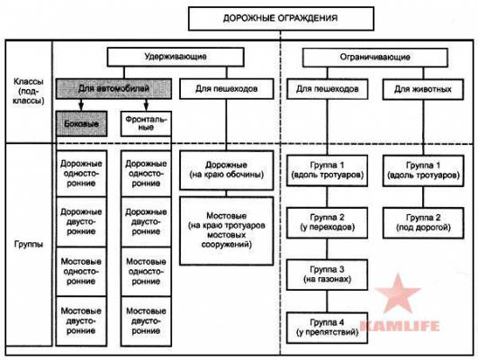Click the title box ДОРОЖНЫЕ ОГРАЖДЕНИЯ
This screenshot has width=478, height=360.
pos(281,19)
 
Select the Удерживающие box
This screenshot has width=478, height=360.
pos(176,57)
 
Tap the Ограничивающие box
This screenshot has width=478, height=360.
pos(375,58)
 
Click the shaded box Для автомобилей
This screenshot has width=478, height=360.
pos(113,89)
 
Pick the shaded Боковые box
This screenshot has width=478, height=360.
pos(81,123)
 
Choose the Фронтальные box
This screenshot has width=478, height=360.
pos(146,123)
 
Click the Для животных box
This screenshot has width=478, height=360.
pos(423,89)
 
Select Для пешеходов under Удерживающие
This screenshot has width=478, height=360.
pos(227,89)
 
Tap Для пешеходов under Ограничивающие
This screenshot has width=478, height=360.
pos(328,89)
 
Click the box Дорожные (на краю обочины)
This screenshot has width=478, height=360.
pos(227,170)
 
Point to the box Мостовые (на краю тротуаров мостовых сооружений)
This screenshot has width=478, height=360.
pos(227,230)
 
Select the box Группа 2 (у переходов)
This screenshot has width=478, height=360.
pos(328,222)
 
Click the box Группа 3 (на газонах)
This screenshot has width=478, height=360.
pos(328,274)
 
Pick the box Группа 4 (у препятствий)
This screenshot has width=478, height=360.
pos(328,328)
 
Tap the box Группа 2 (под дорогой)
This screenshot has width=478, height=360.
pos(423,222)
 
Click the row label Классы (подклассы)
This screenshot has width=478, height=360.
pos(28,91)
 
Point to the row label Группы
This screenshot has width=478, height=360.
pos(28,245)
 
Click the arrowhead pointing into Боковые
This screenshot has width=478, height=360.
pos(81,106)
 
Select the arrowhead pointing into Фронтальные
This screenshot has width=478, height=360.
pos(146,106)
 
